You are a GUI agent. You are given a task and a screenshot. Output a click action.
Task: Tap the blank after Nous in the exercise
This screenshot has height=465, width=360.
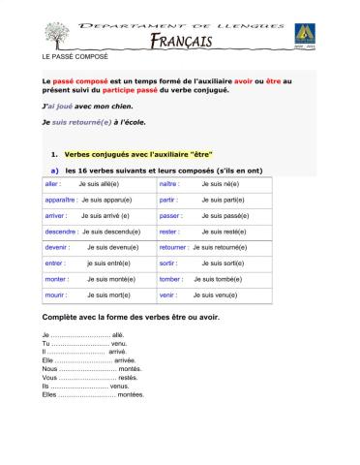[86, 370]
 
